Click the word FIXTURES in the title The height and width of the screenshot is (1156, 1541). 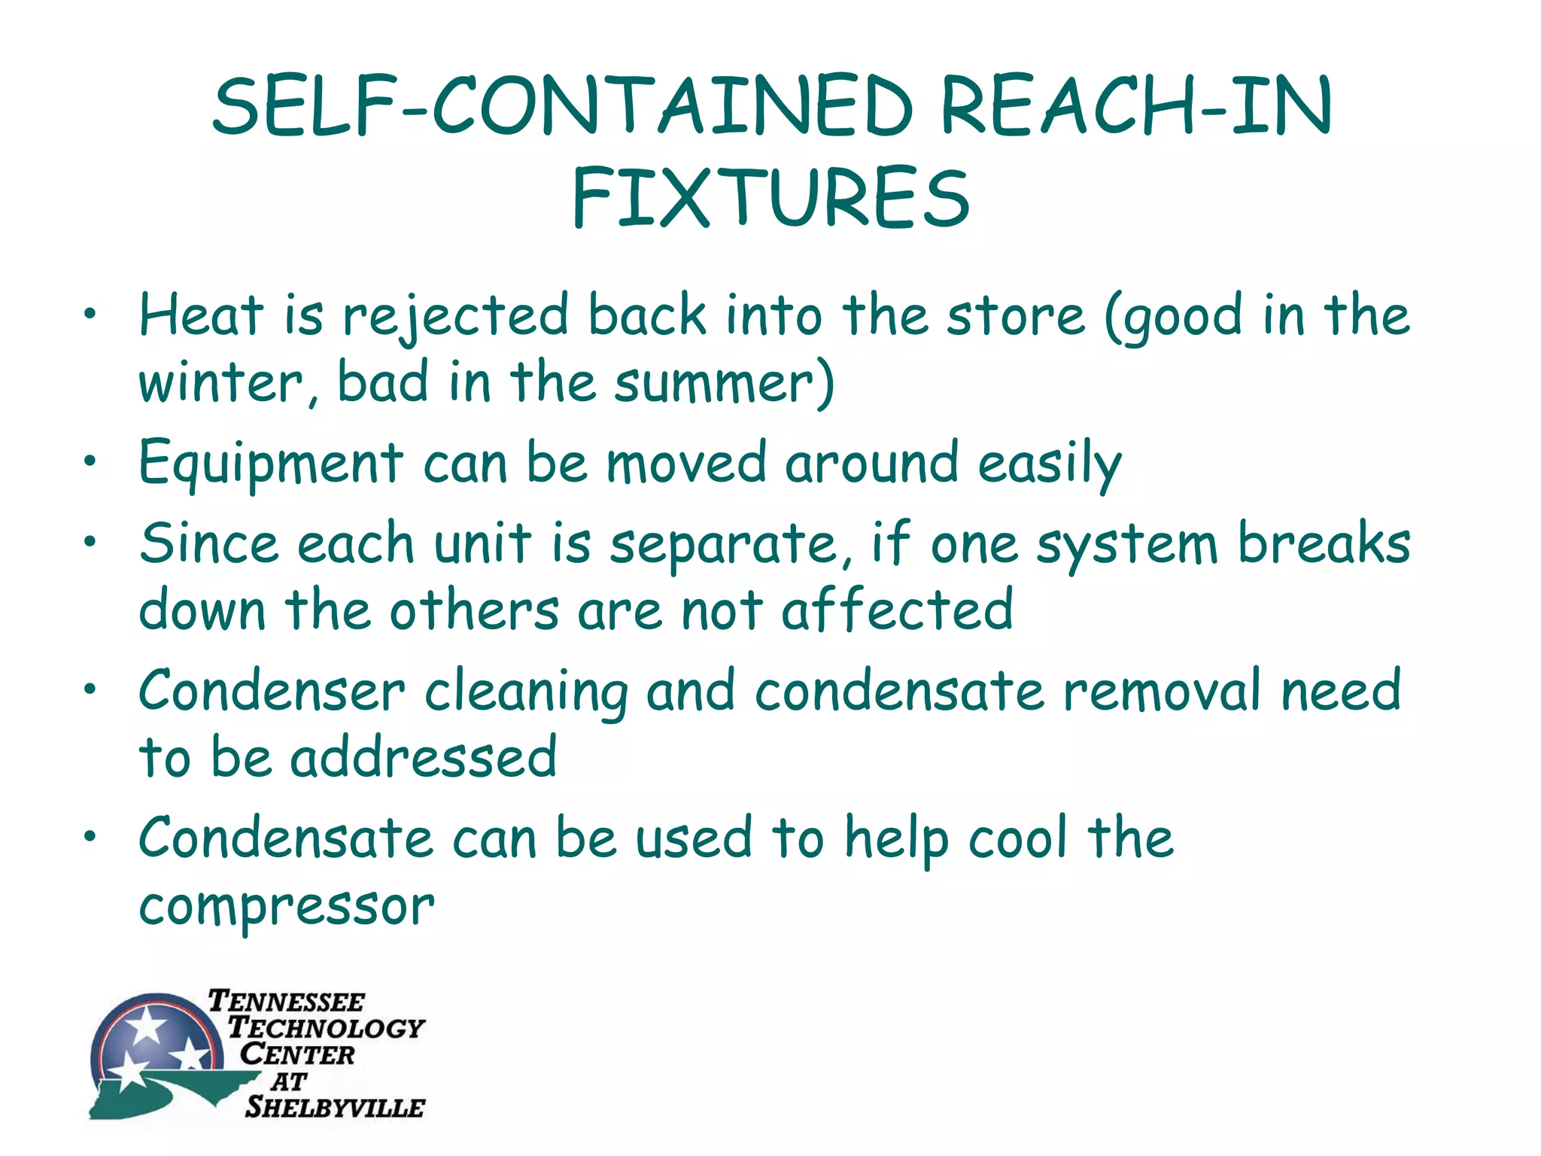(770, 197)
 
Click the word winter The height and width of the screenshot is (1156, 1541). (220, 383)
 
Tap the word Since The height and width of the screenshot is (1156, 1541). (208, 543)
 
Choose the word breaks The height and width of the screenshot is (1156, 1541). (1324, 543)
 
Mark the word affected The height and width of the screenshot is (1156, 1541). (897, 610)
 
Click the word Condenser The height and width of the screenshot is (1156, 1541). (272, 690)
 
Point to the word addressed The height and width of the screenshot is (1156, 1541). (424, 757)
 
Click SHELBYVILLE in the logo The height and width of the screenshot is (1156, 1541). (335, 1107)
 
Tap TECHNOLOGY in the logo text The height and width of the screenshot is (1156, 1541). (327, 1027)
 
